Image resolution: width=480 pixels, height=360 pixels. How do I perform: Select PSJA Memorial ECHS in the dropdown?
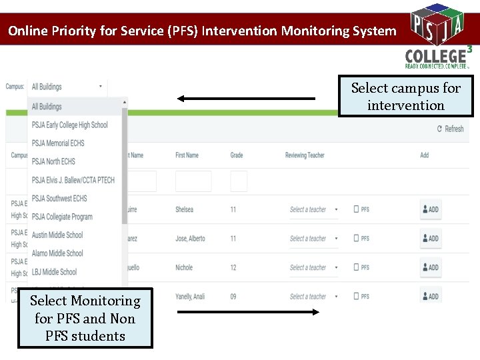coord(58,143)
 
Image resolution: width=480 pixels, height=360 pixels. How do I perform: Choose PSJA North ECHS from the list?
coord(53,161)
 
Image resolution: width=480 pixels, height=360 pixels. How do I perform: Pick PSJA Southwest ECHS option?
coord(59,198)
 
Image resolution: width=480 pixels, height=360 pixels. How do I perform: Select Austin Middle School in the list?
coord(57,235)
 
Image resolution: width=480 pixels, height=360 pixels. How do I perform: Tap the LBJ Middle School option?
coord(54,271)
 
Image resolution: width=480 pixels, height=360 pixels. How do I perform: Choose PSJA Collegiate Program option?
coord(62,217)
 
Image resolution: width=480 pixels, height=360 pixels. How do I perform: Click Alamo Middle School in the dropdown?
coord(57,253)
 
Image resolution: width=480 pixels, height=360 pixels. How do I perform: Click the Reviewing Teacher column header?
coord(305,155)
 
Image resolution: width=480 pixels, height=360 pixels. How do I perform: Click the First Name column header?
coord(187,155)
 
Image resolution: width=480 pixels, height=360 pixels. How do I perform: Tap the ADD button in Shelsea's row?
coord(430,209)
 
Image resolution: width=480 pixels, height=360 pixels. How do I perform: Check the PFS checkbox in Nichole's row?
coord(357,267)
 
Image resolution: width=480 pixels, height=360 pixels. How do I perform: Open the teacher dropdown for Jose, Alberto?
coord(313,239)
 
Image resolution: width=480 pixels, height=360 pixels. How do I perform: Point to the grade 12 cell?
coord(233,267)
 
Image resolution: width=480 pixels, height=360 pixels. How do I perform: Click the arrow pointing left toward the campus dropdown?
coord(246,99)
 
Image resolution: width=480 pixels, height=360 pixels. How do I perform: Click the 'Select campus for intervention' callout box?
coord(406,97)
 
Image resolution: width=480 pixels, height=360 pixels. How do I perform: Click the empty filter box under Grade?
coord(239,181)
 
